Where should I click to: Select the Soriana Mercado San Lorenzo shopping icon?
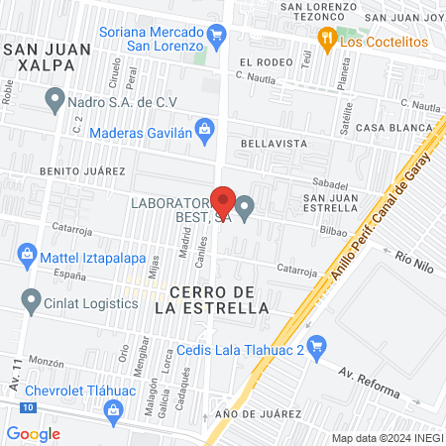pos(217,37)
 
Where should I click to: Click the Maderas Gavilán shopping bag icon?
pos(204,127)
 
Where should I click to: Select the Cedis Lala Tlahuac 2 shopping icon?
pos(317,346)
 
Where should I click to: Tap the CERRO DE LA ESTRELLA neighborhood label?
pos(213,299)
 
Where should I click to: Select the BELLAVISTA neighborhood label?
pos(270,144)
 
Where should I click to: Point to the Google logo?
pos(33,433)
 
